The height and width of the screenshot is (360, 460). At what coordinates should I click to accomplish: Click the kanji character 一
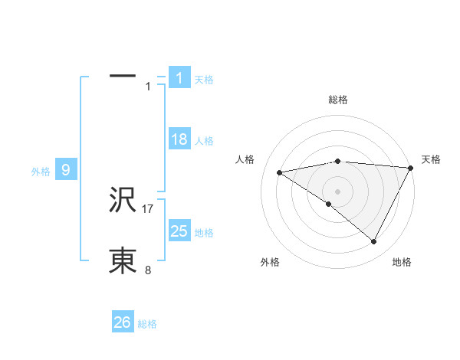tap(123, 76)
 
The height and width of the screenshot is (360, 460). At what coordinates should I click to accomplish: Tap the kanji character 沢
tap(123, 201)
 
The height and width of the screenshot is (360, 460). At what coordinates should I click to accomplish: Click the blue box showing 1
tap(179, 77)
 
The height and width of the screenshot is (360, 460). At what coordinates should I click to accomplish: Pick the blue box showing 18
tap(179, 139)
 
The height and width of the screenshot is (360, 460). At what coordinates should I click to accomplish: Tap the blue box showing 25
tap(179, 231)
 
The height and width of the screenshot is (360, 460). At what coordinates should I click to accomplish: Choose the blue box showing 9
tap(66, 170)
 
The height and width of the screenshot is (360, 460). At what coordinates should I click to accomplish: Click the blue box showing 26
tap(123, 322)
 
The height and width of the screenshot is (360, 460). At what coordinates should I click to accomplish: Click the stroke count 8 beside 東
tap(148, 270)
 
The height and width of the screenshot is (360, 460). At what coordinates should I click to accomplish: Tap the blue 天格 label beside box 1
tap(204, 79)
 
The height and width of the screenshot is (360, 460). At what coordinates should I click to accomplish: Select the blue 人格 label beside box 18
tap(204, 141)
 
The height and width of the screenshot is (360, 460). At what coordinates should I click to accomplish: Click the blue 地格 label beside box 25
tap(204, 233)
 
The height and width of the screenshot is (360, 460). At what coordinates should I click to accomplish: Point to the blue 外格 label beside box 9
tap(41, 172)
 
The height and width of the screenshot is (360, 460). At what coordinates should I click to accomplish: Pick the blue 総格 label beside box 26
tap(147, 324)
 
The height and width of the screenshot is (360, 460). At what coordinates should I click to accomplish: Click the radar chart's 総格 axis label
tap(337, 100)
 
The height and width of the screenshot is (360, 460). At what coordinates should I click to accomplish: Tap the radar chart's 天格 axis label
tap(431, 159)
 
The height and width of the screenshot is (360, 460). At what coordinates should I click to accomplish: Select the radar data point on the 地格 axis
tap(374, 242)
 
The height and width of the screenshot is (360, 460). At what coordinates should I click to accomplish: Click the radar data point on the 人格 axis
tap(279, 172)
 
